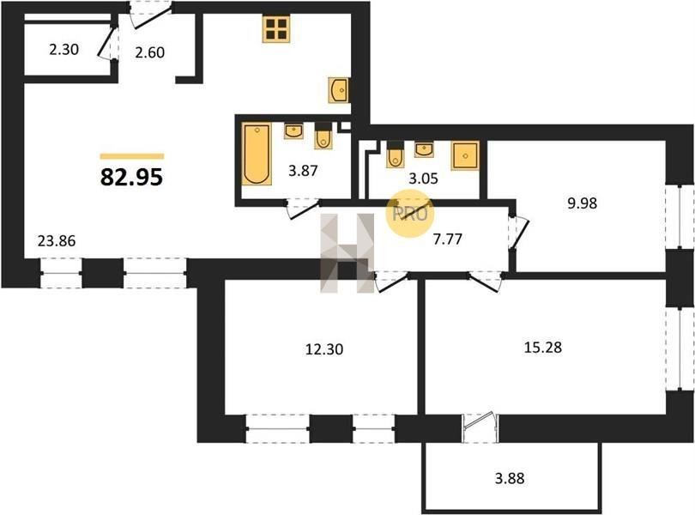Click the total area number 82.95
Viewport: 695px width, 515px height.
tap(131, 177)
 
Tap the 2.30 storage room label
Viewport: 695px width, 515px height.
tap(63, 49)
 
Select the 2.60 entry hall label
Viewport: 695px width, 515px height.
tap(150, 52)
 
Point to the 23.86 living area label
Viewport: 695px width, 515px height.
tap(57, 241)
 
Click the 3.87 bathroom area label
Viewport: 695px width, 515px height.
tap(303, 170)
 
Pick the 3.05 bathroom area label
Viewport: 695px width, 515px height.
tap(423, 179)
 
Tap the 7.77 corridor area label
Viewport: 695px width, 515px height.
tap(448, 239)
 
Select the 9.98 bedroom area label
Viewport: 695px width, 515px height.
tap(583, 203)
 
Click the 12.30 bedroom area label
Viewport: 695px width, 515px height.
tap(324, 349)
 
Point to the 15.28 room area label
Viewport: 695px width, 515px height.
tap(543, 348)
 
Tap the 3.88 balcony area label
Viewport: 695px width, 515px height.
tap(510, 479)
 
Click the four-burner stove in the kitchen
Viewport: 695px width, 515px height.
tap(275, 29)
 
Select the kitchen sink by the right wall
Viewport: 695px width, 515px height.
tap(339, 90)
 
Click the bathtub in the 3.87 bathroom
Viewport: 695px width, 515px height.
tap(257, 154)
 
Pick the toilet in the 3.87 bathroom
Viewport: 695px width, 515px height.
tap(323, 136)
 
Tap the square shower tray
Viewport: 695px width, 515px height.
tap(465, 155)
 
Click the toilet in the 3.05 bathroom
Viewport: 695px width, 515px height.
tap(395, 154)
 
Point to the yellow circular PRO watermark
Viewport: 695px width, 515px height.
tap(410, 214)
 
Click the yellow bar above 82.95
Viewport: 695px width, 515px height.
tap(132, 156)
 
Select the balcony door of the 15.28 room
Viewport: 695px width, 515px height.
tap(480, 428)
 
